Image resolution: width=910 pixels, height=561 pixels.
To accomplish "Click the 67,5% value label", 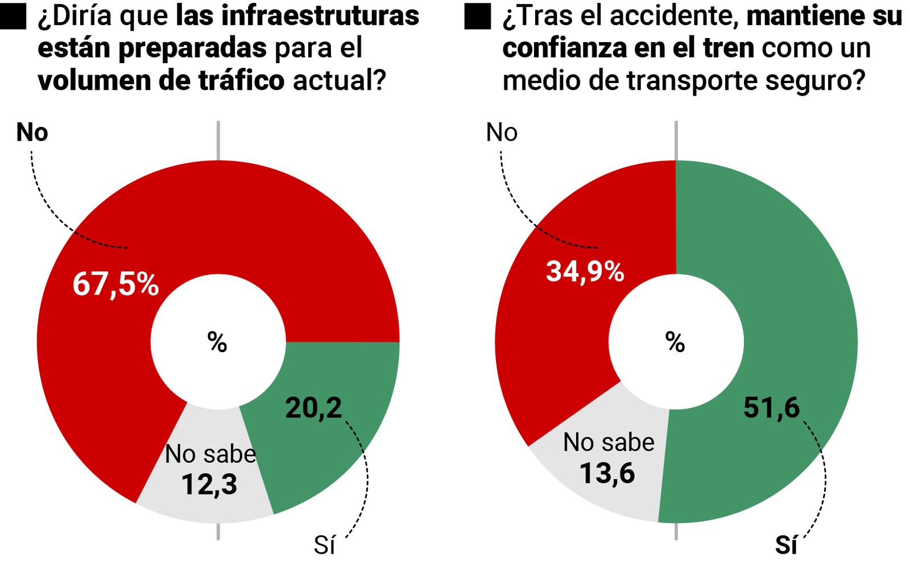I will [115, 284].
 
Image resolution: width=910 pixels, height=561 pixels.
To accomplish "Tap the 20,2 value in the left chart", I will [313, 407].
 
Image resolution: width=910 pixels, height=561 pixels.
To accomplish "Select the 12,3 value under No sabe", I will [209, 485].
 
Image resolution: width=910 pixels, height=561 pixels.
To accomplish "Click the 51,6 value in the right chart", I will [771, 407].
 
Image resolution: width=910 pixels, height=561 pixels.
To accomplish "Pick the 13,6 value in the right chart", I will [607, 473].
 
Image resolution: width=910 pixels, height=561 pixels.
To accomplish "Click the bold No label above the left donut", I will [32, 133].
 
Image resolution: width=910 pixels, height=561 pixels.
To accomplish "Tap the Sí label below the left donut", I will [324, 545].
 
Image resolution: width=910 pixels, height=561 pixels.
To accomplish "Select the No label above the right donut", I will [502, 133].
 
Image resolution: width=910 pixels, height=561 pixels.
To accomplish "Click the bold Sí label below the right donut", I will [786, 545].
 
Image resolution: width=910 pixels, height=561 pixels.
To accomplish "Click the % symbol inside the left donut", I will [217, 343].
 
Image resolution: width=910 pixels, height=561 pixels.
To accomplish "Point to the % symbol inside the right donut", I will [675, 343].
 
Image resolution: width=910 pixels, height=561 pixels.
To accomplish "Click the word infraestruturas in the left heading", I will [320, 16].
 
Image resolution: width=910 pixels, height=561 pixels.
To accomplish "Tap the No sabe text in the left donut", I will [210, 454].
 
